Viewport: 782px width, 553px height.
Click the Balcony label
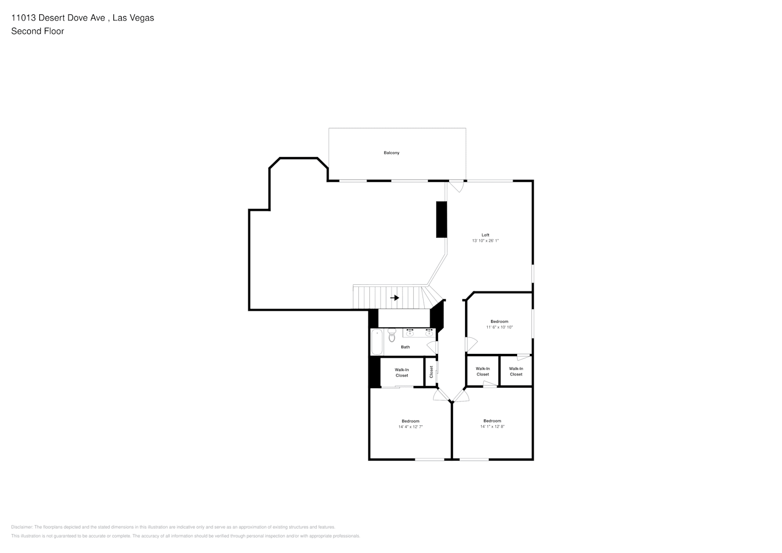391,153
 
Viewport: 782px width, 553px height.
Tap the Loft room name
485,235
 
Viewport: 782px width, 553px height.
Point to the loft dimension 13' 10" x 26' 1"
485,241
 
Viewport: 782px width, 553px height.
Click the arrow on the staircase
394,298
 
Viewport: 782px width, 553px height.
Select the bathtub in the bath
376,342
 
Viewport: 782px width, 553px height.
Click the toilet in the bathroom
392,335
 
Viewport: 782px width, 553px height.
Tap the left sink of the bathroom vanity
410,333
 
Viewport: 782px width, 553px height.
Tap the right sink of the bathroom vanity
429,333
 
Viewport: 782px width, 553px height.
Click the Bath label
405,347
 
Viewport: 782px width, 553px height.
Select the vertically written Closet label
431,372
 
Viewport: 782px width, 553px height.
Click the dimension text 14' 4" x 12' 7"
410,427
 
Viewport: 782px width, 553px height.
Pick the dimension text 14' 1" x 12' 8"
492,426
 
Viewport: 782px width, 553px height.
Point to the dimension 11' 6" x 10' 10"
499,327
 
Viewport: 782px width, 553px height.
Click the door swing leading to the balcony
456,186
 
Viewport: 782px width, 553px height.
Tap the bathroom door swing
432,347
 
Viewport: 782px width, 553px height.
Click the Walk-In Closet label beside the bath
402,372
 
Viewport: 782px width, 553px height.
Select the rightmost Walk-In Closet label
516,371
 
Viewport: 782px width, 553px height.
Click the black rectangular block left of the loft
441,220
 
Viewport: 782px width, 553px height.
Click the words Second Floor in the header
38,31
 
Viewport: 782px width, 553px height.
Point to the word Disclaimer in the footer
22,527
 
